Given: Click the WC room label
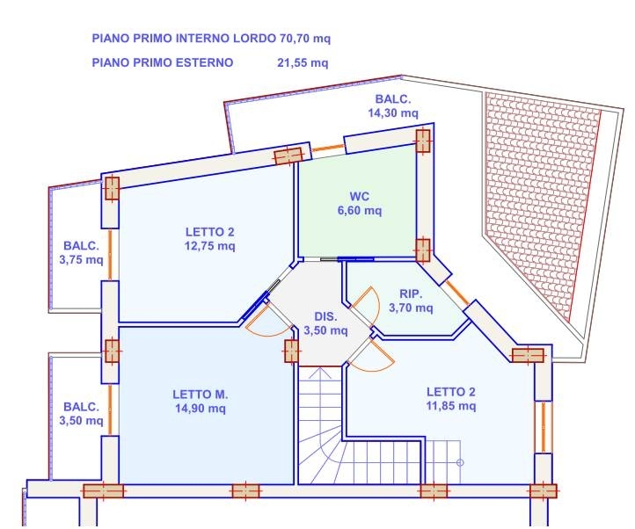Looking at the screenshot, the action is click(x=359, y=197).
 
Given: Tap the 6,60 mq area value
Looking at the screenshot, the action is click(x=360, y=211).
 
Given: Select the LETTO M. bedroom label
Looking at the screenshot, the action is click(x=200, y=395).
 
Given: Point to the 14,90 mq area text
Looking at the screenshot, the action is click(x=200, y=409).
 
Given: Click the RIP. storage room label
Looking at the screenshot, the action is click(x=411, y=293).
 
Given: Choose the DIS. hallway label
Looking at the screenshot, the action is click(x=325, y=316).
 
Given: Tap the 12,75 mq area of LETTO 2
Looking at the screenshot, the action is click(x=210, y=246).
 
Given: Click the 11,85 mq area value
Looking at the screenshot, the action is click(x=451, y=406).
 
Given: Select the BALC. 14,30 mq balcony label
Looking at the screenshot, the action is click(x=393, y=106).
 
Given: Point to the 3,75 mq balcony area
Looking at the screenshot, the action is click(x=81, y=260).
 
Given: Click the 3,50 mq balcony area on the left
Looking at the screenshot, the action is click(x=81, y=421).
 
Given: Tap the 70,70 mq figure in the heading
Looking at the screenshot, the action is click(x=305, y=39).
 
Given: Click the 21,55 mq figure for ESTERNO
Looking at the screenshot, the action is click(x=303, y=62).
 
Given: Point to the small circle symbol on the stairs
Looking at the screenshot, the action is click(x=460, y=462).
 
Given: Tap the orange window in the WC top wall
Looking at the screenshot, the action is click(x=328, y=149).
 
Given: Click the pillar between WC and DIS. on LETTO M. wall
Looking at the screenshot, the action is click(x=291, y=351).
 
